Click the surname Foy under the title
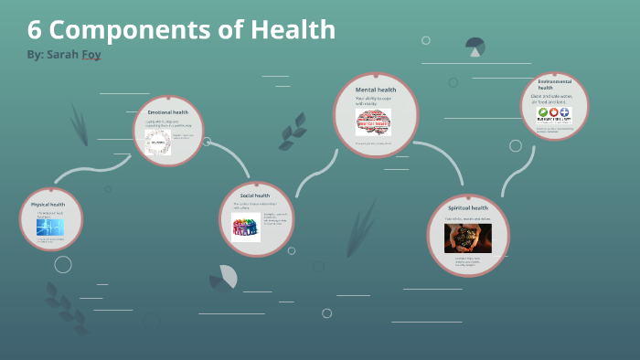[x=90, y=55]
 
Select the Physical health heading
[x=48, y=205]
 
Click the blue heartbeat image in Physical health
[x=49, y=227]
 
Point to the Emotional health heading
[x=167, y=111]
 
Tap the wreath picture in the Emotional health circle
[x=157, y=142]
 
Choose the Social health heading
[x=254, y=196]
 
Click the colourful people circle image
[x=246, y=228]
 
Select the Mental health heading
[x=375, y=90]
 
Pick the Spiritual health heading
[x=468, y=207]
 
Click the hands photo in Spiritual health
[x=467, y=239]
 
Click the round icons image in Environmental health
[x=553, y=115]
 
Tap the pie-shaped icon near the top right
[x=475, y=46]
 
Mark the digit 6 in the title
[x=35, y=29]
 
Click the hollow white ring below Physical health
[x=62, y=265]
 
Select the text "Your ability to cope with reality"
[x=372, y=101]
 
